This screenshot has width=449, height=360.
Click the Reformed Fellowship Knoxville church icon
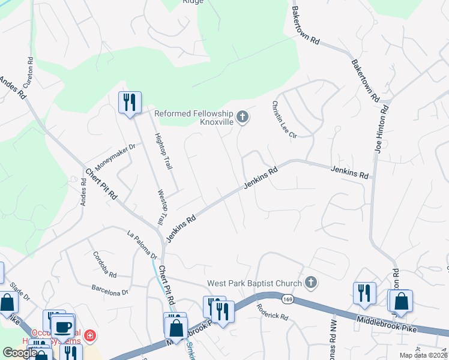tap(243, 116)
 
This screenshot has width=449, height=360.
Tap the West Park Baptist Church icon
tap(310, 281)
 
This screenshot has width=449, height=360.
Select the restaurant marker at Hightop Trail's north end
tap(130, 103)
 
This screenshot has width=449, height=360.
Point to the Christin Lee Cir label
tap(285, 119)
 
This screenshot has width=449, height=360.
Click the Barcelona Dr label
tap(110, 289)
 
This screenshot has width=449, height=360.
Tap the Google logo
tap(20, 353)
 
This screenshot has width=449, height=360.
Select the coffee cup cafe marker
tap(62, 328)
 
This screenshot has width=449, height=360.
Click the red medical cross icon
tap(89, 334)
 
